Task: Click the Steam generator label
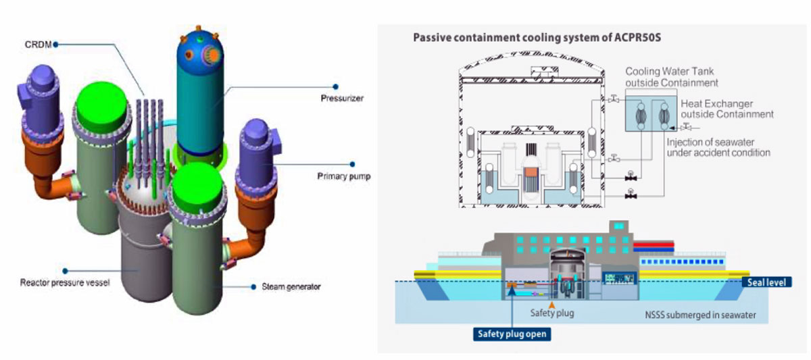click(x=291, y=286)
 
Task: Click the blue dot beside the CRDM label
click(x=55, y=44)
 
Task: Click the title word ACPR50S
click(x=636, y=37)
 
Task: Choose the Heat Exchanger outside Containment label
click(x=716, y=109)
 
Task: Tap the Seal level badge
click(x=766, y=282)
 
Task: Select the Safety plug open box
click(x=511, y=333)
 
